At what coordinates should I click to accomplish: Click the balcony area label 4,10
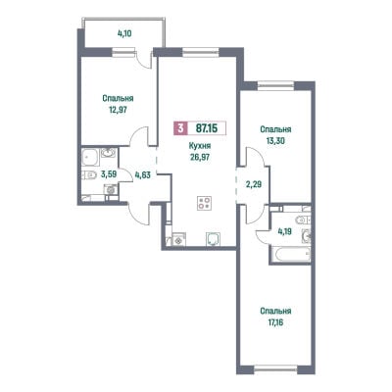point(124,33)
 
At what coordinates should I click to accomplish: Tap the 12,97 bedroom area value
point(118,110)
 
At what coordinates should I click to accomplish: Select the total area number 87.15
point(207,128)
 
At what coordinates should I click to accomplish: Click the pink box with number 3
point(180,128)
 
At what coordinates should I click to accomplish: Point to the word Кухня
point(200,146)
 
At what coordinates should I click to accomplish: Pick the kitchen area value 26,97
point(200,157)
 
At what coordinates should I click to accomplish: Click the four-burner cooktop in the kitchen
point(204,203)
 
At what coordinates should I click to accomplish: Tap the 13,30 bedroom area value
point(275,141)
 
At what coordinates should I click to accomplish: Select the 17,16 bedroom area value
point(275,322)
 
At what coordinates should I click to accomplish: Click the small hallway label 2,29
point(254,184)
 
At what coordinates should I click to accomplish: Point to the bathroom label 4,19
point(284,231)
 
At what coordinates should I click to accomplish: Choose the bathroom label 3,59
point(109,174)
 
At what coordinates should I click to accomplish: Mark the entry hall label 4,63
point(143,175)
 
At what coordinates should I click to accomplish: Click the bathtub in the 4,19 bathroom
point(291,255)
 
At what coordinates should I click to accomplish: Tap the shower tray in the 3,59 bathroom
point(89,158)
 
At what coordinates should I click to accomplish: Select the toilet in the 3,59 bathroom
point(87,175)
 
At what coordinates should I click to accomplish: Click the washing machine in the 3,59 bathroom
point(112,189)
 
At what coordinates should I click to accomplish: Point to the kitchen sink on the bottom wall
point(214,239)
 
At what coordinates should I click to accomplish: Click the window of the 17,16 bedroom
point(275,368)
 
